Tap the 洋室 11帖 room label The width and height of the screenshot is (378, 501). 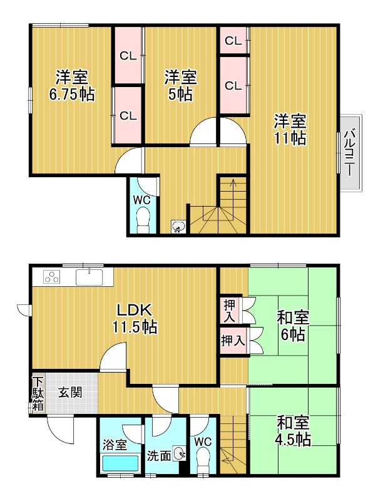pyautogui.click(x=289, y=129)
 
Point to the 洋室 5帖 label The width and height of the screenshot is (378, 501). pyautogui.click(x=181, y=86)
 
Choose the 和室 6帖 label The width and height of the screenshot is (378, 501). pyautogui.click(x=293, y=326)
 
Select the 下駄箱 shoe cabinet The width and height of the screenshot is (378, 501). pyautogui.click(x=38, y=394)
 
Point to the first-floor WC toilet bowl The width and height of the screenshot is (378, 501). pyautogui.click(x=203, y=463)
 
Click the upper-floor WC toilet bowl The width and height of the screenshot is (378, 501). pyautogui.click(x=143, y=220)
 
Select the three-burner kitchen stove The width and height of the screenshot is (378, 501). pyautogui.click(x=51, y=277)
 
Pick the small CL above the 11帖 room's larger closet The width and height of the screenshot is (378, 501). pyautogui.click(x=233, y=41)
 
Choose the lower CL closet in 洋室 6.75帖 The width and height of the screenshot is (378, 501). pyautogui.click(x=128, y=115)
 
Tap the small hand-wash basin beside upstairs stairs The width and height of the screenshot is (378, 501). pyautogui.click(x=178, y=227)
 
